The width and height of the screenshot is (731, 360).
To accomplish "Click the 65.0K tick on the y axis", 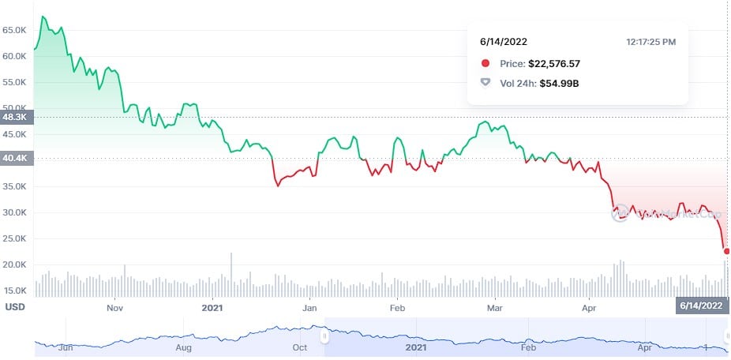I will point(15,30).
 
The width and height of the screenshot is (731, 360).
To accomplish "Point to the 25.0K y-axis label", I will point(15,238).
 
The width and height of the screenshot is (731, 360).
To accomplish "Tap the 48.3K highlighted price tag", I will point(15,117).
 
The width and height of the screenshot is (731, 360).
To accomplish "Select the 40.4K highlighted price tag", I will point(15,158).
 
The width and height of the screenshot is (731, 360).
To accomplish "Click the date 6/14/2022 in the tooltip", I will point(503,40).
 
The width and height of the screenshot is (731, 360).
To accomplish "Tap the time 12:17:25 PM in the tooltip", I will point(650,40).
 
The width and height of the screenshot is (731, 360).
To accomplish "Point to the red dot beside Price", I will point(485,63).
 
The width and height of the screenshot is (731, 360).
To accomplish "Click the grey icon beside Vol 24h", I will point(485,83).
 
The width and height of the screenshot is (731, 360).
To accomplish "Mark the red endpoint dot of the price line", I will point(726,251).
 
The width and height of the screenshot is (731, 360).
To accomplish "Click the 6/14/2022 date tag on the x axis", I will point(701,306).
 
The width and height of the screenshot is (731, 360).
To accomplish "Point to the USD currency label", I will point(14,306).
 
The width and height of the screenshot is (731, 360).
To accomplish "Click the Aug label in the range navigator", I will point(184,347).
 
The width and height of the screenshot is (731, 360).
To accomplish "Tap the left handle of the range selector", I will point(323,337).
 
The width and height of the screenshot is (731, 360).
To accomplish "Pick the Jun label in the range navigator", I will point(66,347).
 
